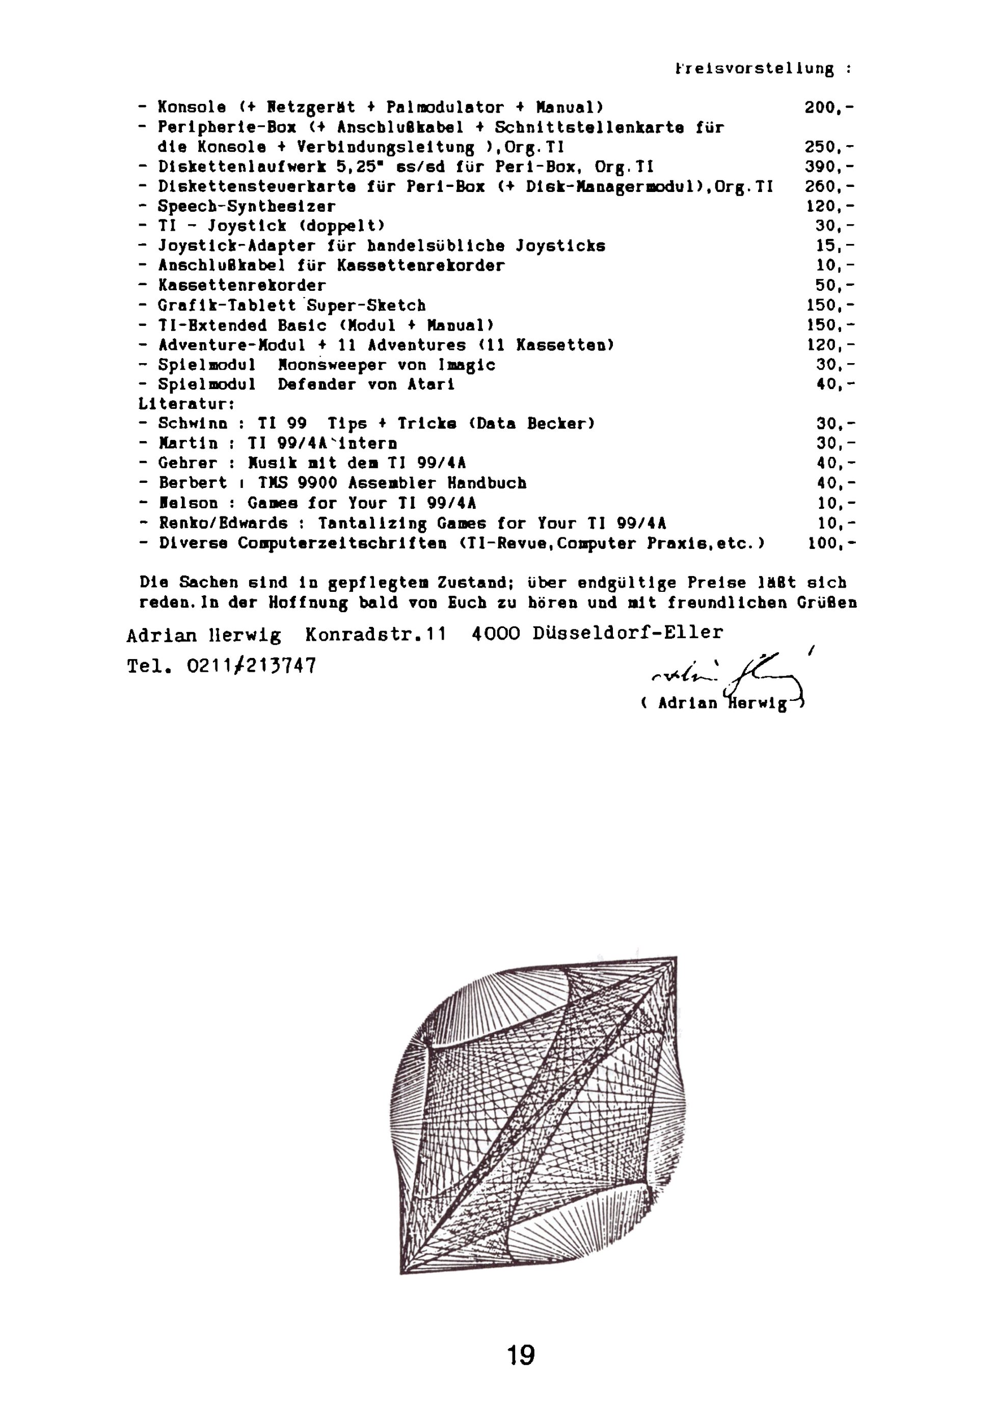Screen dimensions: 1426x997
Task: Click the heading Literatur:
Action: point(186,404)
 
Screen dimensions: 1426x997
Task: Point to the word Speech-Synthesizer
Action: point(246,206)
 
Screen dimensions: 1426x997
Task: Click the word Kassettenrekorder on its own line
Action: point(241,286)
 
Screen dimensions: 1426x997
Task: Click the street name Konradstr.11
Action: point(375,634)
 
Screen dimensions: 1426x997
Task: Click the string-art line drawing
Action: point(537,1118)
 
